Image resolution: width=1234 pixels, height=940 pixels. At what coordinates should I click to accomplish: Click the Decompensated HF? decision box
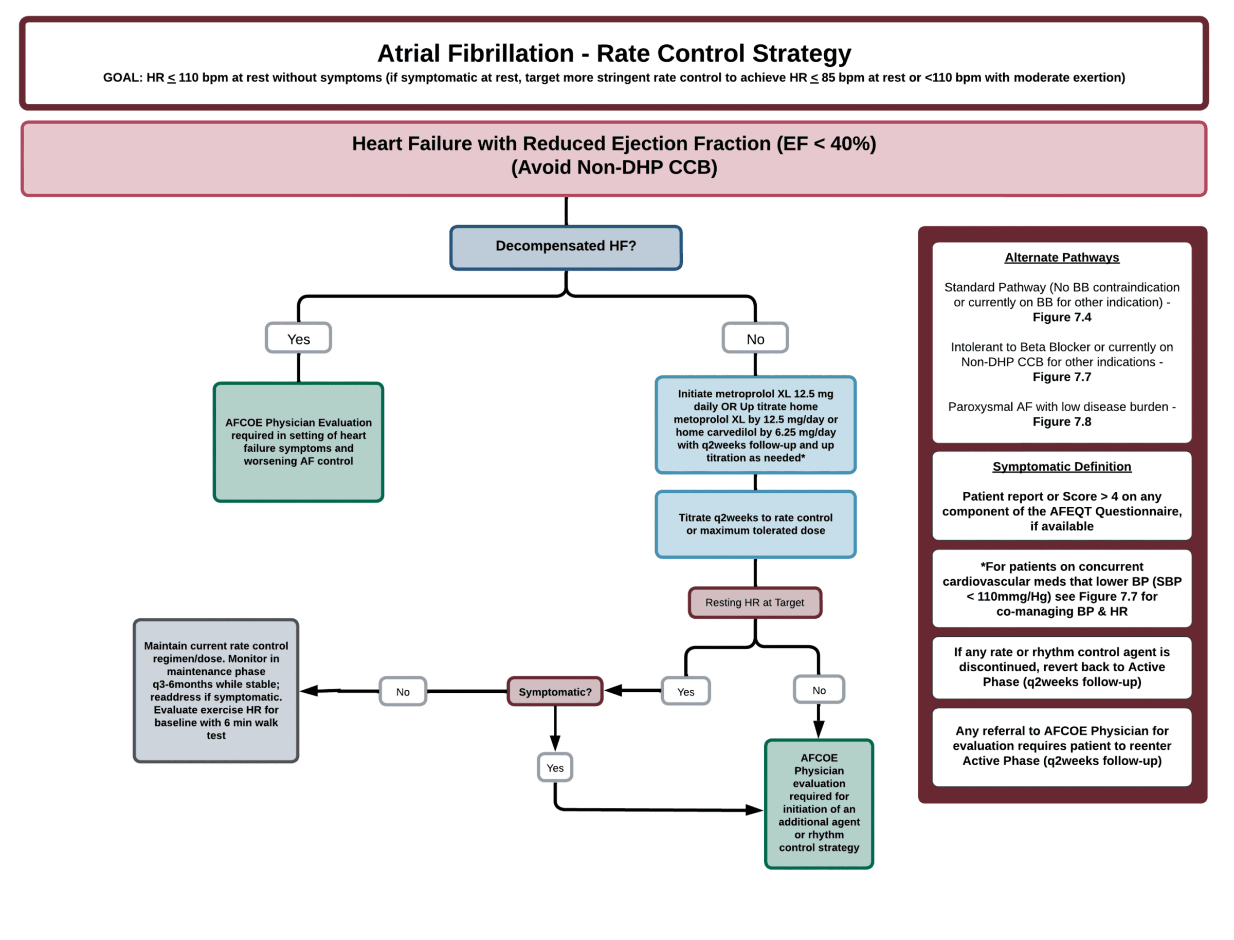coord(566,247)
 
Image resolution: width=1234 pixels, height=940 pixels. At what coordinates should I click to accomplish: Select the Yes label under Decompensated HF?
coord(298,338)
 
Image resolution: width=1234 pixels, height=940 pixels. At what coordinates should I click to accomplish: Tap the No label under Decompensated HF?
coord(755,338)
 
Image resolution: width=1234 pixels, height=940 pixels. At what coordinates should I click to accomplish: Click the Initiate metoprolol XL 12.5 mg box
coord(755,425)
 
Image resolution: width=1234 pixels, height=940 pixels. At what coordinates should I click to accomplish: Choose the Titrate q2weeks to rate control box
coord(755,524)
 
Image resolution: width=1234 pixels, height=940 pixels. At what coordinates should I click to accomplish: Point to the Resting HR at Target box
coord(754,603)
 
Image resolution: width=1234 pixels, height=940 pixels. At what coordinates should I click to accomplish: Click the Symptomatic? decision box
coord(555,692)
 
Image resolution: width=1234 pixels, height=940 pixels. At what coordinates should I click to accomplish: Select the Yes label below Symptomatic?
coord(555,768)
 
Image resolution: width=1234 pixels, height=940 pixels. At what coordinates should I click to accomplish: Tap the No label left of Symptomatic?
coord(403,692)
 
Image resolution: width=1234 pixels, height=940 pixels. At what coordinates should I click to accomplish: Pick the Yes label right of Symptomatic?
coord(685,692)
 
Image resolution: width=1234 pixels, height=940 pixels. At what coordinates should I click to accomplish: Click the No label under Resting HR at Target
coord(819,690)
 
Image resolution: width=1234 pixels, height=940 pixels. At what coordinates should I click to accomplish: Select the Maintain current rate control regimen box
coord(216,690)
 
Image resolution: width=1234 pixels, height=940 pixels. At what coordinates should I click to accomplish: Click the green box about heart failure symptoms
coord(298,442)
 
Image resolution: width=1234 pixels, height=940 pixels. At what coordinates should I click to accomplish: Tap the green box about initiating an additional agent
coord(819,804)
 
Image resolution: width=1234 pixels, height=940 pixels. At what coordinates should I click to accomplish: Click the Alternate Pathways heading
coord(1062,257)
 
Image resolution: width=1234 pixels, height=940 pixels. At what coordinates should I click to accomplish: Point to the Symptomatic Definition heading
coord(1062,467)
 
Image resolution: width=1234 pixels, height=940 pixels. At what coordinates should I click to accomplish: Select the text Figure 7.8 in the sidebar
coord(1062,422)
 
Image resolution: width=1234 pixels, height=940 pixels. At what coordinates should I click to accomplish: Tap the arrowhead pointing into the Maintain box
coord(309,691)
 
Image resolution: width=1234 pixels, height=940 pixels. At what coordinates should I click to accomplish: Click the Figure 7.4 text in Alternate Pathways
coord(1062,317)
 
